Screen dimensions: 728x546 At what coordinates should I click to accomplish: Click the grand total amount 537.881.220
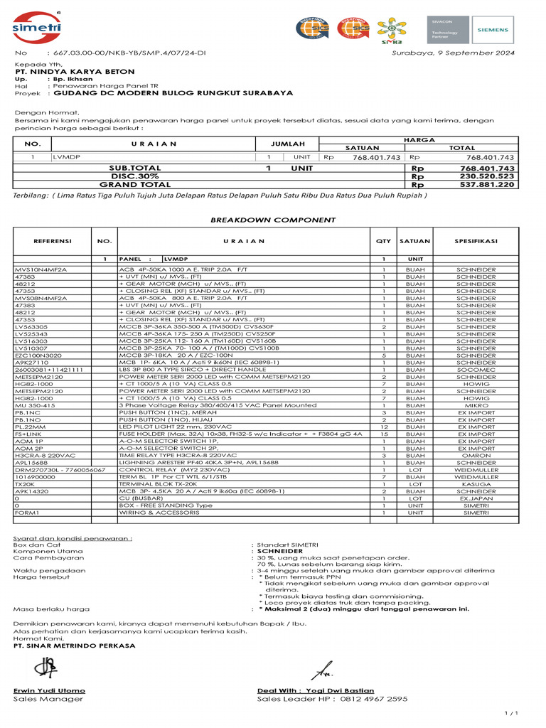click(487, 185)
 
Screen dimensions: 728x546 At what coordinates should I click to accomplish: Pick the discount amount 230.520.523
click(487, 176)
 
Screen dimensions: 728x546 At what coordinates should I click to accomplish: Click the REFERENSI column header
click(53, 241)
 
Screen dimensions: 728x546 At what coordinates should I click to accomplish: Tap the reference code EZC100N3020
click(38, 355)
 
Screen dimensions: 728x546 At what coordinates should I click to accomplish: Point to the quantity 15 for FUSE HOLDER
click(383, 434)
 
